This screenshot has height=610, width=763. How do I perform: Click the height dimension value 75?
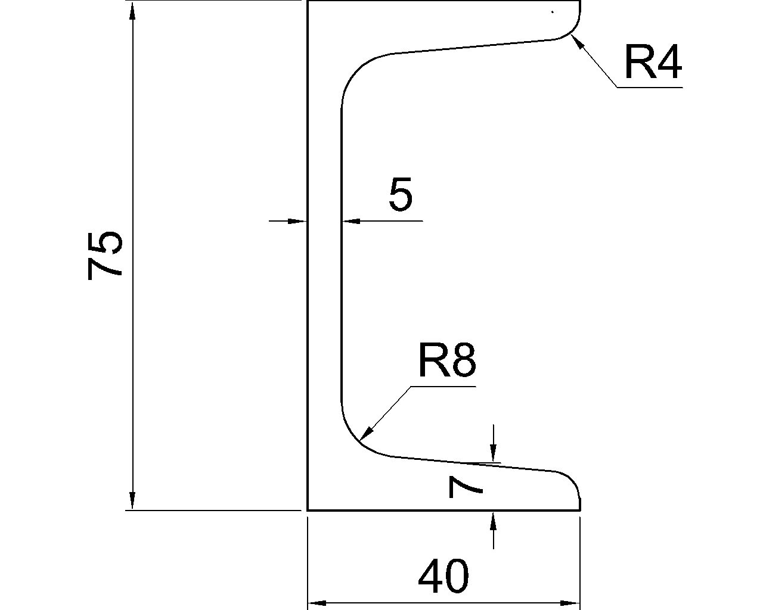[105, 254]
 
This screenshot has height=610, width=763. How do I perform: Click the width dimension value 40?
[443, 577]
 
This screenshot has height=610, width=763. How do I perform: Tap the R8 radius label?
[446, 361]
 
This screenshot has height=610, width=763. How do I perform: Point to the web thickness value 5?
[400, 195]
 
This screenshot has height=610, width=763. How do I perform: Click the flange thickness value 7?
[466, 487]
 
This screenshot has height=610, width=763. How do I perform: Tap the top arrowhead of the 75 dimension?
[132, 10]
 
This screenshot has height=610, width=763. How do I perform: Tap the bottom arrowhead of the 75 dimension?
[132, 502]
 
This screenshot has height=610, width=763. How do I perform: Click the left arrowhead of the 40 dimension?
[316, 603]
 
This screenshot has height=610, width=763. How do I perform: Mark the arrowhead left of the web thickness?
[297, 221]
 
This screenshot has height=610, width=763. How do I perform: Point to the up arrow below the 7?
[493, 520]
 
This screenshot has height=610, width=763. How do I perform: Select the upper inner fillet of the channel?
[358, 71]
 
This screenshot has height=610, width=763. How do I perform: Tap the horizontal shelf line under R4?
[650, 88]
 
